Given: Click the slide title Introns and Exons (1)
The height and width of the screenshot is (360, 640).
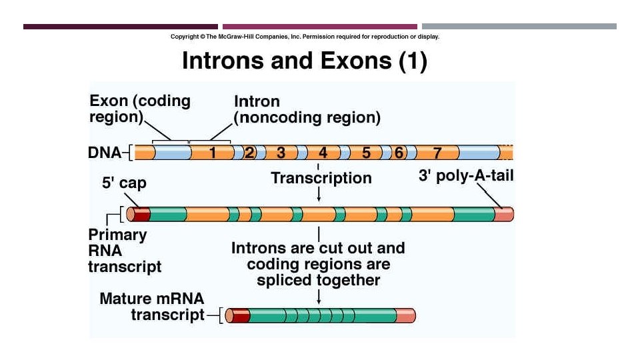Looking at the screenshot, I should pyautogui.click(x=304, y=61).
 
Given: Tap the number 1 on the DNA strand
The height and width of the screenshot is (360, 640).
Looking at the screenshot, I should pyautogui.click(x=213, y=153).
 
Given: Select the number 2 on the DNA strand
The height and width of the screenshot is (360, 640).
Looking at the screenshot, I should pyautogui.click(x=249, y=153).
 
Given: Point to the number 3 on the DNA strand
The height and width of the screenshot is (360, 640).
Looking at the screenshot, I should pyautogui.click(x=281, y=153).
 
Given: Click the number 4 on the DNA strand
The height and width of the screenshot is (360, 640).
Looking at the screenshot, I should pyautogui.click(x=323, y=153).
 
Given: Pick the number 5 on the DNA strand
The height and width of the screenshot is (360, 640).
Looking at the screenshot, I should pyautogui.click(x=366, y=153).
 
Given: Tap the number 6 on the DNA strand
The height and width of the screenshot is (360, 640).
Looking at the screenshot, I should pyautogui.click(x=399, y=153).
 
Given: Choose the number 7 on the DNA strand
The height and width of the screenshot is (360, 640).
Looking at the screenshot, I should pyautogui.click(x=437, y=153).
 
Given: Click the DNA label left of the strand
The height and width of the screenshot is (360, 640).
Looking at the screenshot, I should pyautogui.click(x=105, y=153).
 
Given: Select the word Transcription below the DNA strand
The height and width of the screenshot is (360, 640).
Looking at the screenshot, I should pyautogui.click(x=321, y=178).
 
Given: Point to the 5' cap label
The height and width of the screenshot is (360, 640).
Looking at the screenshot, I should pyautogui.click(x=124, y=183).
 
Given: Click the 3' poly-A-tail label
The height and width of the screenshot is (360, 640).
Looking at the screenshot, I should pyautogui.click(x=465, y=176).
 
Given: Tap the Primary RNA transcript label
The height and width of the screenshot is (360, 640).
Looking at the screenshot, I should pyautogui.click(x=125, y=251).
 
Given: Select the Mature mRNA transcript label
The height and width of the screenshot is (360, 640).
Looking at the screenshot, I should pyautogui.click(x=152, y=307).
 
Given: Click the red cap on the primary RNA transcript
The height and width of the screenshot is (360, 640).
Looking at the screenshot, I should pyautogui.click(x=141, y=214).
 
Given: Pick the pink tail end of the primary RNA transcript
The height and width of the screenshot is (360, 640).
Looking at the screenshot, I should pyautogui.click(x=503, y=214).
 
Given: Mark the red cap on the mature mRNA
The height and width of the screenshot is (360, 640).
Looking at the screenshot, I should pyautogui.click(x=240, y=315).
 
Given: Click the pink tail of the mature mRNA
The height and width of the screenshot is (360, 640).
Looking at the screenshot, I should pyautogui.click(x=405, y=315).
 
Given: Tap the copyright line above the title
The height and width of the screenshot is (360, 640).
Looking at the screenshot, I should pyautogui.click(x=305, y=37).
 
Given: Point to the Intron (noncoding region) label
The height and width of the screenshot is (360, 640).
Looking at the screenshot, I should pyautogui.click(x=307, y=110).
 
